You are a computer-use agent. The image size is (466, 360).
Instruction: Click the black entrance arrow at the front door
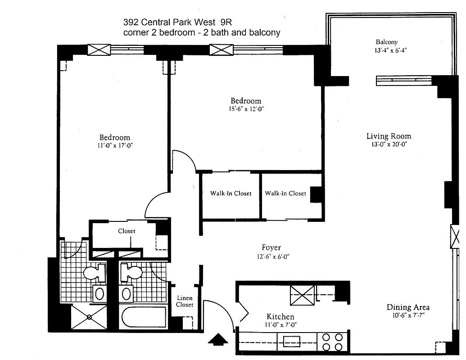tap(218, 338)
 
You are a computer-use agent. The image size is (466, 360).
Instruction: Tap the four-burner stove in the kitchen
tap(332, 341)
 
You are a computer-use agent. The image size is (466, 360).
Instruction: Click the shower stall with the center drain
tap(89, 317)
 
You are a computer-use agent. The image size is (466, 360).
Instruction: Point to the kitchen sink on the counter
tap(292, 341)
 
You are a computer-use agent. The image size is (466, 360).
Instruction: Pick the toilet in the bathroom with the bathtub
tap(131, 273)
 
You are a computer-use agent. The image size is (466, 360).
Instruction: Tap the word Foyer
tap(271, 247)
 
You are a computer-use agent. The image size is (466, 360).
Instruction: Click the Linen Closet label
tap(185, 301)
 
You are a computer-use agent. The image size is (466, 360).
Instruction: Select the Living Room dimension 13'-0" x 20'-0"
tap(389, 144)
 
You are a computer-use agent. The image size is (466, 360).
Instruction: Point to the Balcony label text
tap(387, 42)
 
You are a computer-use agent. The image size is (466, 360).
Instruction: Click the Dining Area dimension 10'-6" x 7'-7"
tap(408, 315)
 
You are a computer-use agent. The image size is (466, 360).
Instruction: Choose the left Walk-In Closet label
tap(231, 193)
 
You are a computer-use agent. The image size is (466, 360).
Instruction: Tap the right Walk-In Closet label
tap(285, 193)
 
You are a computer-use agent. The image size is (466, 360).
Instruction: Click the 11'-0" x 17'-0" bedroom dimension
tap(115, 146)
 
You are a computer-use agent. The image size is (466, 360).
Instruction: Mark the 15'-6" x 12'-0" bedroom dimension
tap(246, 109)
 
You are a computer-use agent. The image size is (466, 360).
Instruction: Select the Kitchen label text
tap(281, 317)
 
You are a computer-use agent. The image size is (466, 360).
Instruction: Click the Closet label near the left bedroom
tap(127, 231)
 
